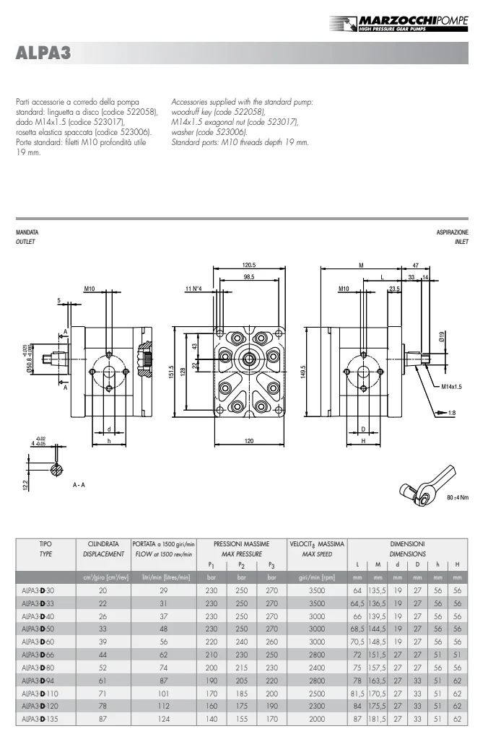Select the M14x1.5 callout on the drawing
451,387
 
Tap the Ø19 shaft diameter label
441,336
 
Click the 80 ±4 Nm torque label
458,497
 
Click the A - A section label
79,484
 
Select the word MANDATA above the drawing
27,232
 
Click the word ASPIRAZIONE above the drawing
452,232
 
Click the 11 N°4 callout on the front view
193,289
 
